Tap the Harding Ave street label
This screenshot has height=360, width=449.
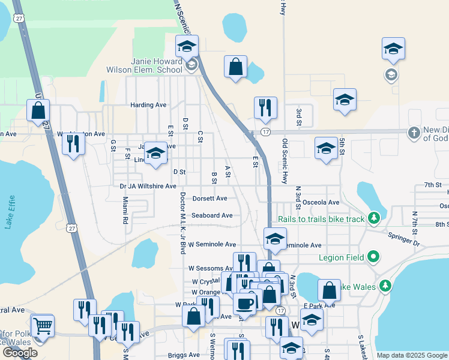click(x=148, y=105)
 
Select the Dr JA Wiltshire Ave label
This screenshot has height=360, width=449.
click(x=148, y=187)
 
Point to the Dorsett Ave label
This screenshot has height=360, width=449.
click(x=209, y=199)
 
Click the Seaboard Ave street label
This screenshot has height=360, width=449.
click(x=212, y=215)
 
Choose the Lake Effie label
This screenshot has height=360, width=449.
click(x=9, y=214)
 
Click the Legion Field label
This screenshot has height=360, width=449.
click(x=342, y=258)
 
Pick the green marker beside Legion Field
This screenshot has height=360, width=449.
click(x=374, y=258)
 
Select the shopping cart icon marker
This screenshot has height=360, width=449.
click(x=43, y=326)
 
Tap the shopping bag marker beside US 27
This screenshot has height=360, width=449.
click(x=38, y=111)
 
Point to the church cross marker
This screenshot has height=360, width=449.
click(x=414, y=132)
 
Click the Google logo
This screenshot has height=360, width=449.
click(x=20, y=353)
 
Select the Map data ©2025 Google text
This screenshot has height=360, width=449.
click(x=412, y=355)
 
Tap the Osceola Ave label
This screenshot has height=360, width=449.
click(x=321, y=203)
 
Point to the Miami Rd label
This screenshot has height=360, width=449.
click(x=125, y=211)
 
